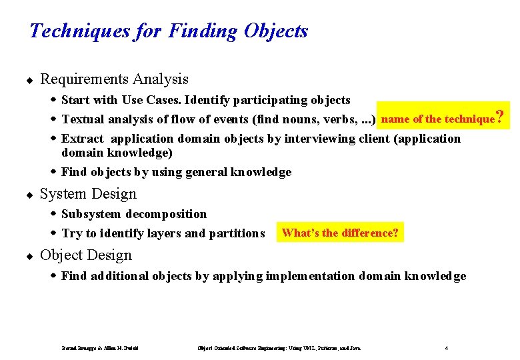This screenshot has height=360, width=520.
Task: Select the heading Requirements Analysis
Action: coord(114,79)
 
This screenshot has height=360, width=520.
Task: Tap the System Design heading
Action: coord(88,194)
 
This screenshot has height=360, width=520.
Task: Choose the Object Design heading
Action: coord(86,255)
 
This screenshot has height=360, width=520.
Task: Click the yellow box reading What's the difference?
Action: coord(340,233)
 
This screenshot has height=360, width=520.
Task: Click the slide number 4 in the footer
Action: coord(446,347)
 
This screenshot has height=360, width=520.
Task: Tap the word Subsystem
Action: coord(91,214)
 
